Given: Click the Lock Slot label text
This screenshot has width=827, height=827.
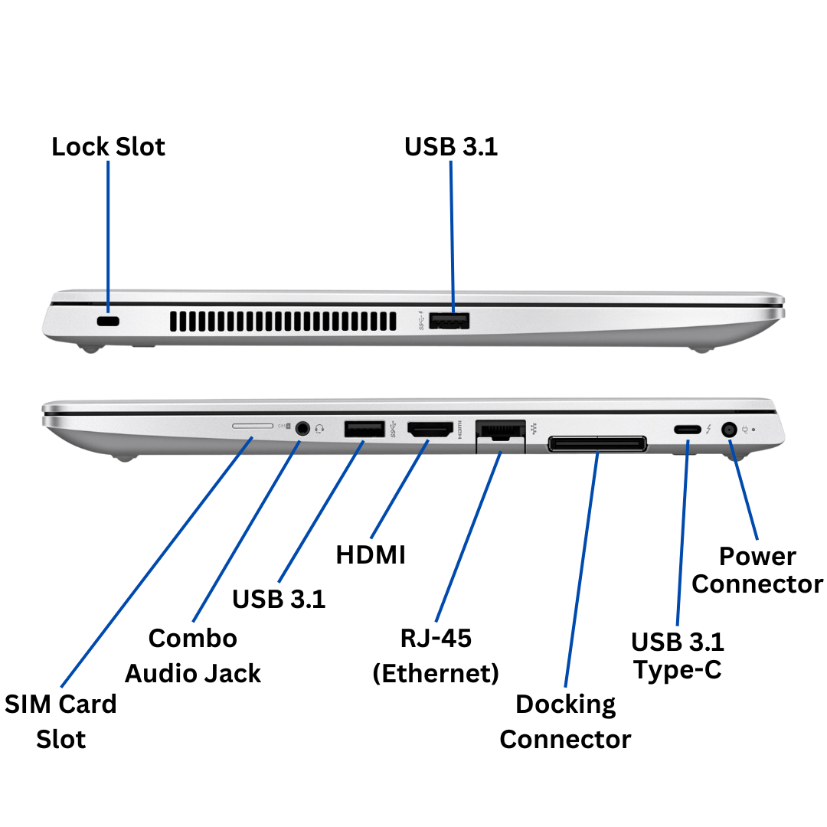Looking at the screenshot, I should tap(108, 146).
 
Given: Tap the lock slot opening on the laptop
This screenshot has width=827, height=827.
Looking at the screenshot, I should tap(109, 322).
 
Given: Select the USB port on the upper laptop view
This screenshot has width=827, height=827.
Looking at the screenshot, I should tap(449, 322).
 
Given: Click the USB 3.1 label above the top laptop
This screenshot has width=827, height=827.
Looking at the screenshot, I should tap(451, 146).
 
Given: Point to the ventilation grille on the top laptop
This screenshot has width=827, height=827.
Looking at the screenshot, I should tap(283, 322).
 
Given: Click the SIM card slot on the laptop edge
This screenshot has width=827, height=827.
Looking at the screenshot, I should tap(252, 423).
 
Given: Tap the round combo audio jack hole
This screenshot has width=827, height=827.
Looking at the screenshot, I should tap(304, 429).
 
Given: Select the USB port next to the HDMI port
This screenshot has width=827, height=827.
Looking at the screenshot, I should tap(364, 430).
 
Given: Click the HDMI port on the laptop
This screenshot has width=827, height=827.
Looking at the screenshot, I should tap(430, 430).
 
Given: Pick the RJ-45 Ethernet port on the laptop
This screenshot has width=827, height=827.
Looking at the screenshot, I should tap(500, 433).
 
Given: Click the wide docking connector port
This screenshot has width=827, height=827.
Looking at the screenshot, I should tap(597, 443).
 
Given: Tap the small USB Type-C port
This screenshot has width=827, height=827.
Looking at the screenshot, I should tap(687, 430).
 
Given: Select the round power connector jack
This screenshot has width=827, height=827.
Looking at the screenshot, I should tap(730, 430).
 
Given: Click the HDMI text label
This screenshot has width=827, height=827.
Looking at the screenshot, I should tap(371, 554).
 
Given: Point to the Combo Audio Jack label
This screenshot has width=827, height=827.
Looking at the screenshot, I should tap(193, 655).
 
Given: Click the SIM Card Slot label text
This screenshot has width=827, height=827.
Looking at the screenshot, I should tap(60, 721).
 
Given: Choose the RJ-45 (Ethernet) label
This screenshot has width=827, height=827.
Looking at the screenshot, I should tap(436, 655).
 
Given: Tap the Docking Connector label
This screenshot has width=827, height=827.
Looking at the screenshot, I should tap(565, 721).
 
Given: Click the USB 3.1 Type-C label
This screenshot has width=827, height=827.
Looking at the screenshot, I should tap(677, 655).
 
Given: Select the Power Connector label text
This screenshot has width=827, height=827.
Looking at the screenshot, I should tap(757, 570).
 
